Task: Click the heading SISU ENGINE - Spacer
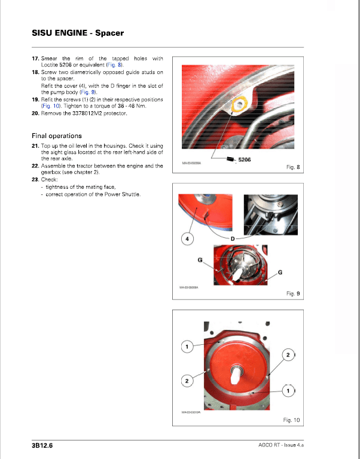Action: point(78,33)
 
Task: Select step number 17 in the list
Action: point(35,59)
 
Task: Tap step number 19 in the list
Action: point(35,99)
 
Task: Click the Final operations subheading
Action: point(57,136)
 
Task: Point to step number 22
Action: point(35,166)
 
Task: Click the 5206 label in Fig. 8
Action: point(245,160)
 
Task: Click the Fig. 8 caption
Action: point(293,168)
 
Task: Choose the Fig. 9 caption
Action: point(293,293)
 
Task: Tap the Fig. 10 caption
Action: point(292,420)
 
